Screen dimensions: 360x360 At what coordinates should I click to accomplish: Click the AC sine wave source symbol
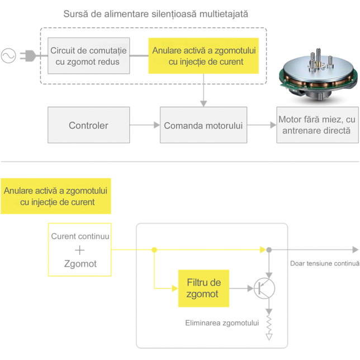[8, 56]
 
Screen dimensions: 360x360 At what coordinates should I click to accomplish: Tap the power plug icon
[28, 56]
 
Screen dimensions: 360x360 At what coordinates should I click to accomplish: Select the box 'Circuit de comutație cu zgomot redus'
[89, 56]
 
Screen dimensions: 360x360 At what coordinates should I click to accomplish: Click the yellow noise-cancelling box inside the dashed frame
[203, 56]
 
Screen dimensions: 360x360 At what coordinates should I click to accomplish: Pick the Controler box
[89, 125]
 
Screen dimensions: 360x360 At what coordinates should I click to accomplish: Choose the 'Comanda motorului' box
[203, 125]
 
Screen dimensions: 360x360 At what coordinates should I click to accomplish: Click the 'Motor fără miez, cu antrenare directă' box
[318, 125]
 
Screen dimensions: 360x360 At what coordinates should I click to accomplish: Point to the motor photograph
[319, 74]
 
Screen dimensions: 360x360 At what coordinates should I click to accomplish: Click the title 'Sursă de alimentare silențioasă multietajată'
[155, 14]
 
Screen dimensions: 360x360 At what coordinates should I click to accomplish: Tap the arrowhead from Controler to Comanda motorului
[157, 125]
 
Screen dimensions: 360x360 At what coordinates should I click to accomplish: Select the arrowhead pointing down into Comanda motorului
[203, 104]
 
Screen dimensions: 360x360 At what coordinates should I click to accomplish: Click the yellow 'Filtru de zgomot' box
[203, 288]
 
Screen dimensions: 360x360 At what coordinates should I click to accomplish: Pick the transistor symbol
[264, 288]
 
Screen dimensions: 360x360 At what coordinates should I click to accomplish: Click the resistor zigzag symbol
[269, 325]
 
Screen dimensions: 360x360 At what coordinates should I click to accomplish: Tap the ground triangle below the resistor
[269, 337]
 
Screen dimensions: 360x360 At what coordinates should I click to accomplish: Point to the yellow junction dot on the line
[154, 250]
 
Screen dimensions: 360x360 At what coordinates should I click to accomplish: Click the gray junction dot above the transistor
[269, 250]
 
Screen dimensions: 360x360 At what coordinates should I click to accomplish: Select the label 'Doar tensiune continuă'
[325, 263]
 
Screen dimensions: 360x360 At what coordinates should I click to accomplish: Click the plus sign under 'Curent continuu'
[80, 250]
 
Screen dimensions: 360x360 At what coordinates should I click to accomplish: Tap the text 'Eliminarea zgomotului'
[222, 323]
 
